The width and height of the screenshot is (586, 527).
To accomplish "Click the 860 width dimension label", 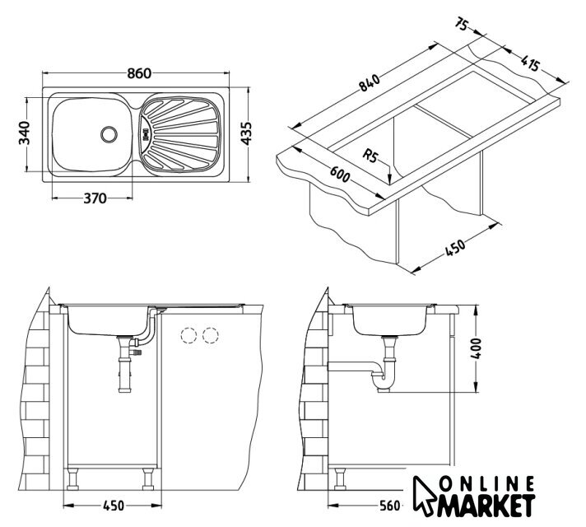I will tap(139, 72).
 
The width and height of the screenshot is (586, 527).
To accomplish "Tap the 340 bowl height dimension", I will tap(24, 132).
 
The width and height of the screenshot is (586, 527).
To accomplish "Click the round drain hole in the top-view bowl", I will tap(109, 132).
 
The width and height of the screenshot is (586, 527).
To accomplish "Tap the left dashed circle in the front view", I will tap(188, 336).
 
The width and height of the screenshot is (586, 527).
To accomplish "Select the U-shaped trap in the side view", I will tap(382, 381).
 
